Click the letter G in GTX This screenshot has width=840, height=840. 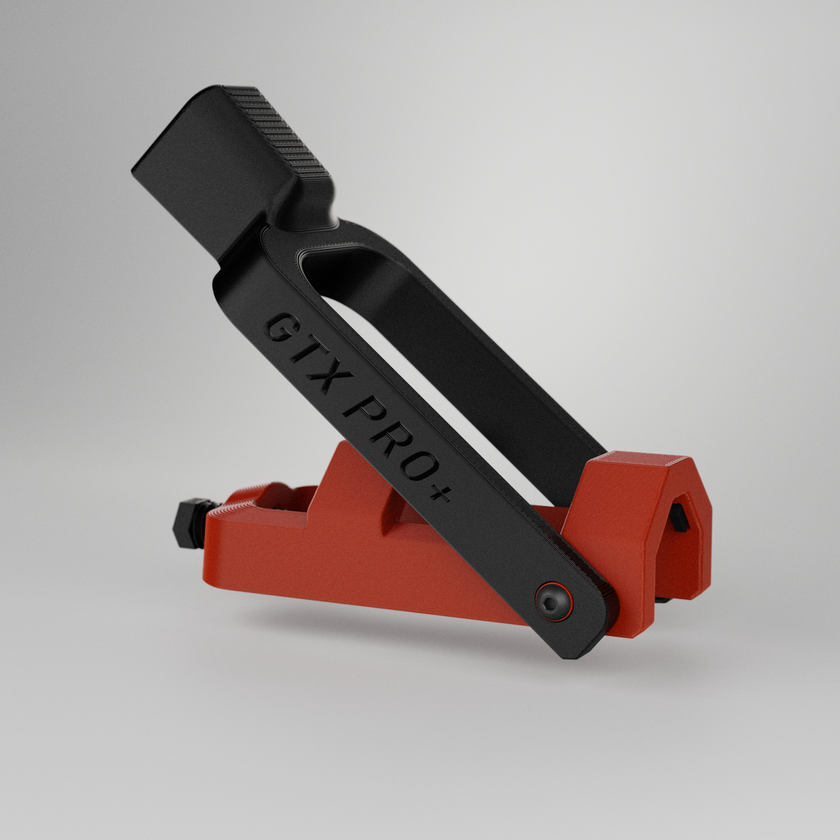click(x=278, y=328)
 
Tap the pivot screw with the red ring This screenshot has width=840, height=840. click(x=549, y=605)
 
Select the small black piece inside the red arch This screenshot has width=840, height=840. click(x=681, y=517)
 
